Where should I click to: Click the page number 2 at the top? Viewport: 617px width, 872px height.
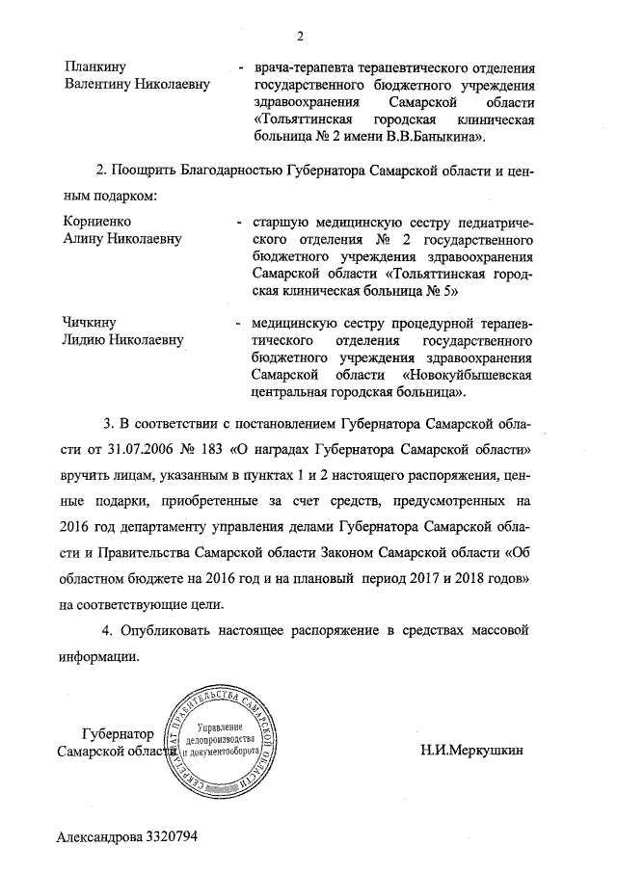(x=300, y=38)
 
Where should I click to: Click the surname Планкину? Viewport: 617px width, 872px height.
(x=91, y=68)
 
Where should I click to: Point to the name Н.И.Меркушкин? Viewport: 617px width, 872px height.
(x=472, y=751)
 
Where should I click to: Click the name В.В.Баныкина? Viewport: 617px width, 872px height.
(x=433, y=138)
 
